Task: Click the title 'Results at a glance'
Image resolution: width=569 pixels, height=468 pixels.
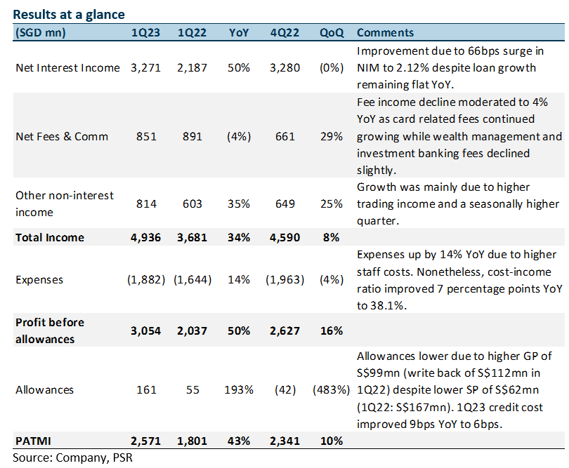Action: pos(69,15)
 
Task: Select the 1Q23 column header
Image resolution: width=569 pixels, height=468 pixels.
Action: pos(145,32)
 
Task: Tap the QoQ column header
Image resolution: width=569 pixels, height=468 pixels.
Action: pos(332,32)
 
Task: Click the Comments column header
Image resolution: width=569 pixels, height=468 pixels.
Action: pos(385,32)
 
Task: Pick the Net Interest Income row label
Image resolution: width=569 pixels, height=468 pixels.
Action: pos(67,68)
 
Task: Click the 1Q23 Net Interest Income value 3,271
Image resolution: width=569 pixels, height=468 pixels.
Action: pos(145,68)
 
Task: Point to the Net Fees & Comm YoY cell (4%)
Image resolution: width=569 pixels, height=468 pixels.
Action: pos(239,137)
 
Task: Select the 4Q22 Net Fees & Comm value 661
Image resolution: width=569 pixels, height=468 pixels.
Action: pos(285,137)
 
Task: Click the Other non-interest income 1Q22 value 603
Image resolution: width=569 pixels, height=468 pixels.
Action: pos(192,203)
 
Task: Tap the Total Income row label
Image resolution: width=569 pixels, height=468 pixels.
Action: pos(50,237)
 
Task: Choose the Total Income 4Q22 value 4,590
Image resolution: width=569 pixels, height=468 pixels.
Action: pos(285,237)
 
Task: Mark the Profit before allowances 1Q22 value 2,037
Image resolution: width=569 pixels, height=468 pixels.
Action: pos(192,330)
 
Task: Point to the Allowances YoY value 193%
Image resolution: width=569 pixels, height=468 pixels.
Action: pos(239,389)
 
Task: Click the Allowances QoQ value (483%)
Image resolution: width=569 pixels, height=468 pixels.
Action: pos(332,389)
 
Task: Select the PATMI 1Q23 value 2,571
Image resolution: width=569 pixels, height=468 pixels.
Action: pos(145,441)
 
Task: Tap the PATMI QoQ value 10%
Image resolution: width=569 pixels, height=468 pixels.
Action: pos(332,441)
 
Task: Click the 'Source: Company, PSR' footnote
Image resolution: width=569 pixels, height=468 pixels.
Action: pos(72,457)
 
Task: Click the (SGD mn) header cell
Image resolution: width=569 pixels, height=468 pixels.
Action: pos(40,32)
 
